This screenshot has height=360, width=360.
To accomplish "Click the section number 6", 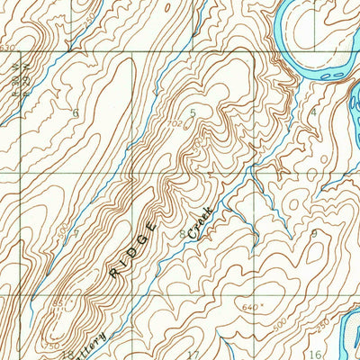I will (76, 112).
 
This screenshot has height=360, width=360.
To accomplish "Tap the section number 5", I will (192, 112).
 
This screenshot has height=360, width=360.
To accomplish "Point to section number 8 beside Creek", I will (183, 234).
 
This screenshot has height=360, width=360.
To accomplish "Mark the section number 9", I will (313, 233).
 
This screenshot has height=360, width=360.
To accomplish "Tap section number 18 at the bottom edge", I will (68, 354).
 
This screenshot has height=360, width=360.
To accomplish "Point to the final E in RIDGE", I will (153, 225).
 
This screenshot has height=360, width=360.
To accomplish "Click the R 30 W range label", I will (15, 75).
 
